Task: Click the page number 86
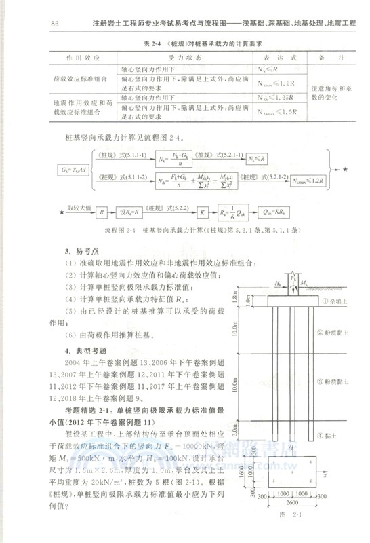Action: click(56, 24)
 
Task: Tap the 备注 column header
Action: click(328, 58)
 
